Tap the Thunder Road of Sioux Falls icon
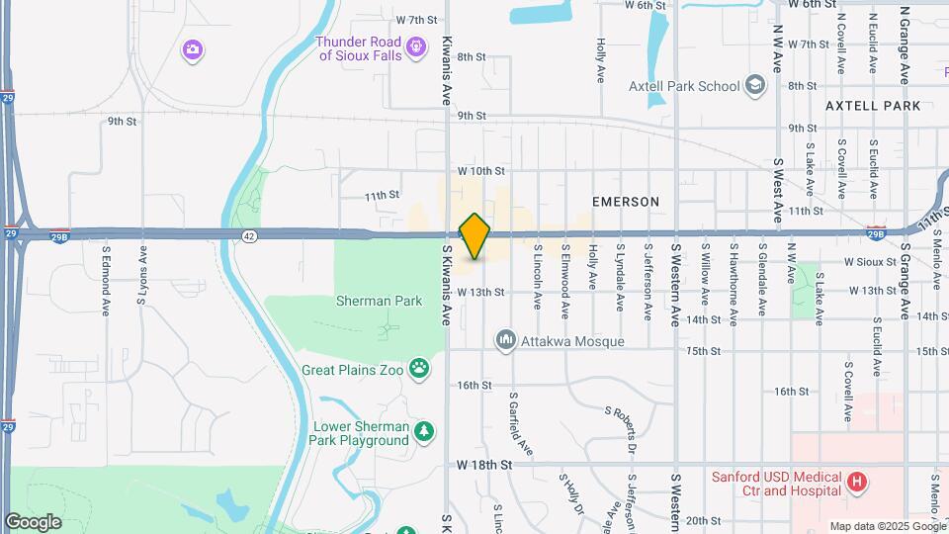pyautogui.click(x=417, y=45)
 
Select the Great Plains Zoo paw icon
pyautogui.click(x=421, y=369)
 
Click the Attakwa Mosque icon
pyautogui.click(x=506, y=341)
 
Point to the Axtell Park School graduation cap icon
pyautogui.click(x=756, y=85)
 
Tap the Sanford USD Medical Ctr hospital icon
pyautogui.click(x=857, y=483)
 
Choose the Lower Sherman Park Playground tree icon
pyautogui.click(x=424, y=432)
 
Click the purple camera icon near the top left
pyautogui.click(x=193, y=49)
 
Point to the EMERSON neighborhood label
pyautogui.click(x=625, y=202)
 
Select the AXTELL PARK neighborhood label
pyautogui.click(x=873, y=106)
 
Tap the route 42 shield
pyautogui.click(x=249, y=234)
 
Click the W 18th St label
pyautogui.click(x=483, y=464)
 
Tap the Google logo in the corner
pyautogui.click(x=33, y=522)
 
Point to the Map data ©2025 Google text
pyautogui.click(x=887, y=526)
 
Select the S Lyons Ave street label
pyautogui.click(x=143, y=277)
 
